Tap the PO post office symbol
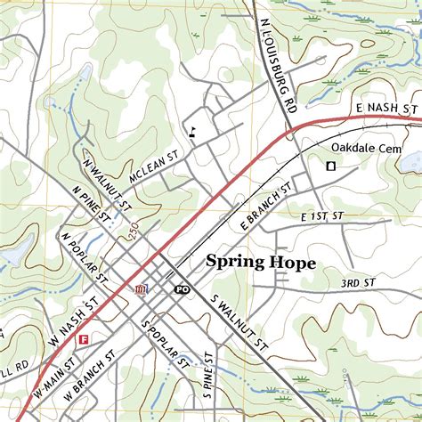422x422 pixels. pos(182,289)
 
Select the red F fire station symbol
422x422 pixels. pos(84,338)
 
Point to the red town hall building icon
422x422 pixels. pos(140,289)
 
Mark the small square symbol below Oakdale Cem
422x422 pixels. pos(330,165)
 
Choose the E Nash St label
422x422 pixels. pos(385,109)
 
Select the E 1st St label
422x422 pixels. pos(321,216)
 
